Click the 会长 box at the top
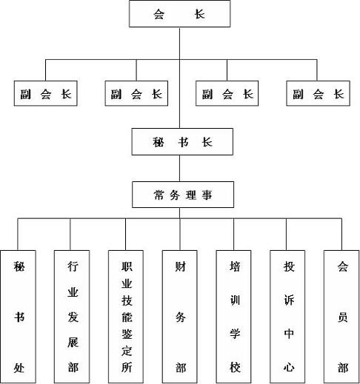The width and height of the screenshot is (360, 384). coord(180,13)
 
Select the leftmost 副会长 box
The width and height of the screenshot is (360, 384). coord(46,93)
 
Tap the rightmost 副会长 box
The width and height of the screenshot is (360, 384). coord(318,93)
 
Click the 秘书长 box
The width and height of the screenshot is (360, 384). coord(182,141)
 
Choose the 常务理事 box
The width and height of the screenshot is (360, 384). coord(183,195)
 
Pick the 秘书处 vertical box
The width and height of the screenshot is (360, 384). coord(18,317)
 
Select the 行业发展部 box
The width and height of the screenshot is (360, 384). coord(72,317)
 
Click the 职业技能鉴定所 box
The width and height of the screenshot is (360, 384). coord(126,317)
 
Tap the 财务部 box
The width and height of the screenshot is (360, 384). coord(180,317)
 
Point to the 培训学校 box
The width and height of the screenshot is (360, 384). coord(233,317)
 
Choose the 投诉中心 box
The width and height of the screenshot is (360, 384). coord(287,317)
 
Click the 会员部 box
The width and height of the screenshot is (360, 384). coord(341,317)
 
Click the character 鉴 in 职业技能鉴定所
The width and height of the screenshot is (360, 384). coord(127,334)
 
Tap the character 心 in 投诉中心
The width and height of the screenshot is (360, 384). coord(289,367)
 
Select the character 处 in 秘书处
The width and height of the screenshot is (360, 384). coord(19,368)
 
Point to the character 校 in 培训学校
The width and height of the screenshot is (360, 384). coord(235,367)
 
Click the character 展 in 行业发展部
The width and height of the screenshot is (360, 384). coord(73,342)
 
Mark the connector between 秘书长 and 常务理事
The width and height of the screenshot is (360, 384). coord(179,169)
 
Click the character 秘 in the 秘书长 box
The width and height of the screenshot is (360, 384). coord(159,142)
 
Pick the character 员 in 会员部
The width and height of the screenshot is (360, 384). coord(343,317)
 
